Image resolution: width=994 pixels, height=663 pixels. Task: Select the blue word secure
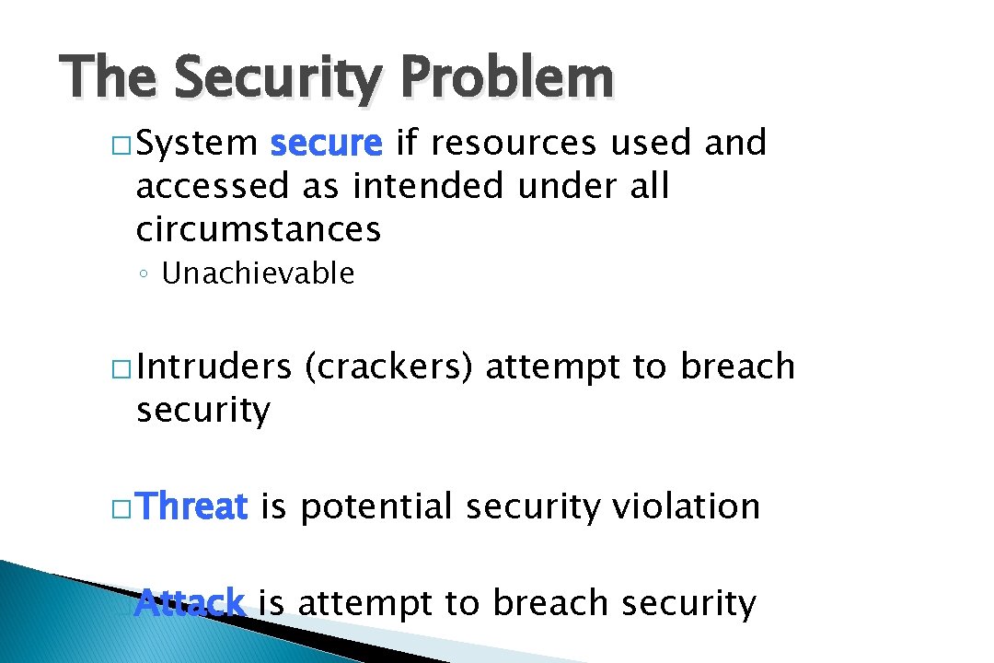326,144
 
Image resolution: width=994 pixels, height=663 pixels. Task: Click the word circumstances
258,229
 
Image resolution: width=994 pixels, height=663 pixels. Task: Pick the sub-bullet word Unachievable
258,273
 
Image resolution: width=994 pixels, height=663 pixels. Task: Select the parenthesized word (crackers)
388,367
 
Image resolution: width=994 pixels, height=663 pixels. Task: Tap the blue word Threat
194,506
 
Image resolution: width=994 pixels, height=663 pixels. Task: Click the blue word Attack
190,603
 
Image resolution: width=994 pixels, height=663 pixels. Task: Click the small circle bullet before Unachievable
145,274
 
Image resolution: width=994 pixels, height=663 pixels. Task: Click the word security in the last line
688,603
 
